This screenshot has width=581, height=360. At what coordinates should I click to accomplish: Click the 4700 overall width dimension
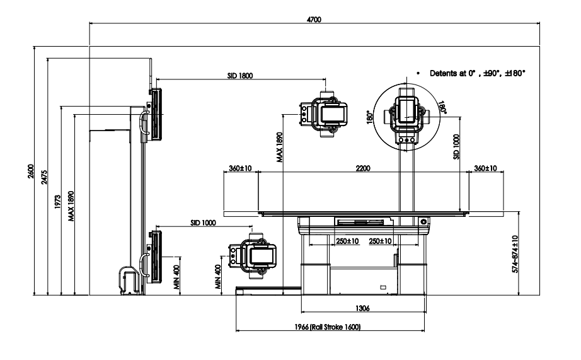click(314, 20)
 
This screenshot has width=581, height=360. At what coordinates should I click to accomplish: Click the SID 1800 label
click(239, 75)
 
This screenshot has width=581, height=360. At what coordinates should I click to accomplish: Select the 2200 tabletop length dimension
click(362, 169)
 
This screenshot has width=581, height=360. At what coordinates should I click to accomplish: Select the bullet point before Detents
click(418, 73)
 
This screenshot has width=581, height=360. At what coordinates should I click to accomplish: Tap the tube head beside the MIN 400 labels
click(253, 255)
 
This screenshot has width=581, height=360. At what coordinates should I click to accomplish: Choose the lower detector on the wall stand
click(154, 255)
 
